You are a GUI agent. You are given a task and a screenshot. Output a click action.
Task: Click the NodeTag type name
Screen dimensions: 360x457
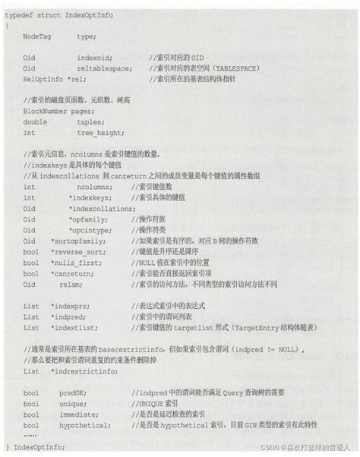[x=39, y=35]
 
